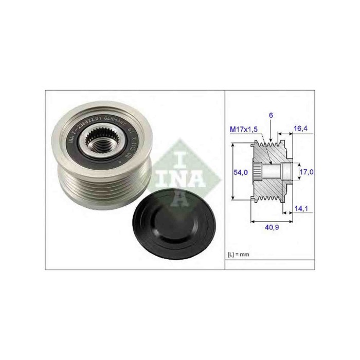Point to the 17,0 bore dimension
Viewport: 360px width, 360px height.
click(x=305, y=172)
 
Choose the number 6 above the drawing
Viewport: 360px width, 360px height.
click(x=271, y=116)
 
